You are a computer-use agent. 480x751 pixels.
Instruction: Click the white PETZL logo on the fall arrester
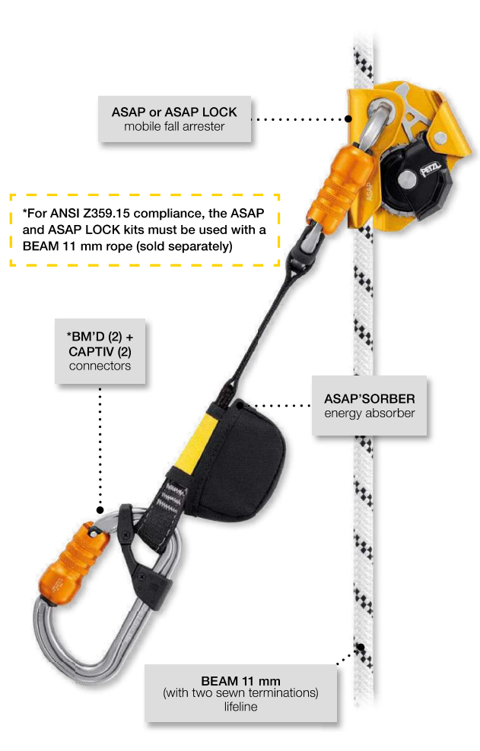pyautogui.click(x=431, y=168)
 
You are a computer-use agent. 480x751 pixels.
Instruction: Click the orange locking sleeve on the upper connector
pyautogui.click(x=339, y=189)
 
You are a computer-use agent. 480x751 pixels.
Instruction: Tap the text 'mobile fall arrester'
pyautogui.click(x=174, y=126)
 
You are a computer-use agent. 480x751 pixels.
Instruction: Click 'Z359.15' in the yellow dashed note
pyautogui.click(x=110, y=213)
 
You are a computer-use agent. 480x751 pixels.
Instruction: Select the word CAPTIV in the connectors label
pyautogui.click(x=91, y=351)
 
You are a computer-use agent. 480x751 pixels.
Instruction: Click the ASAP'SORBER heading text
pyautogui.click(x=369, y=398)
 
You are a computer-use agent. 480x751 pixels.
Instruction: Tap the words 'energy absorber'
pyautogui.click(x=369, y=414)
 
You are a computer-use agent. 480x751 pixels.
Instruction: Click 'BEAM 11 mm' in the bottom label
pyautogui.click(x=240, y=680)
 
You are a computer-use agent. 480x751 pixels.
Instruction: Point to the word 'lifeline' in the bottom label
pyautogui.click(x=240, y=706)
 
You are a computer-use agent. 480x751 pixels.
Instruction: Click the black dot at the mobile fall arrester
pyautogui.click(x=348, y=119)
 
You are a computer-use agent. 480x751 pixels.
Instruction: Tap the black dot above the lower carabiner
pyautogui.click(x=100, y=509)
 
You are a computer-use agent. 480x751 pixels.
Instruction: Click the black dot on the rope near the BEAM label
pyautogui.click(x=361, y=647)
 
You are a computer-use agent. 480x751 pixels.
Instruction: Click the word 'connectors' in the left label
pyautogui.click(x=100, y=366)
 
